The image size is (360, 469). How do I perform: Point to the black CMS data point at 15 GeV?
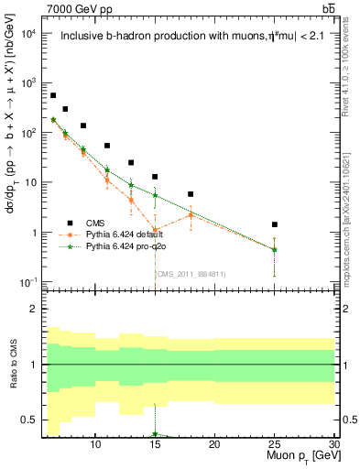click(x=155, y=177)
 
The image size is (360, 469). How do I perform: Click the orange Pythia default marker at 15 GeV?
click(x=155, y=230)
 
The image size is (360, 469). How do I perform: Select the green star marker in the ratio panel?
click(x=155, y=434)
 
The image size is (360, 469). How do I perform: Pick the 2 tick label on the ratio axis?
click(x=33, y=310)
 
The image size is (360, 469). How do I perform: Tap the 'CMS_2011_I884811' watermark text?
click(x=191, y=274)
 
